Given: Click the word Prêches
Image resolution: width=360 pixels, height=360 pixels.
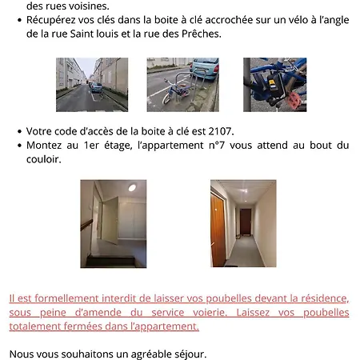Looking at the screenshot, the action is [x=199, y=35].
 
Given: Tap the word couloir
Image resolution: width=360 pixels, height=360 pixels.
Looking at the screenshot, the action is [x=43, y=158].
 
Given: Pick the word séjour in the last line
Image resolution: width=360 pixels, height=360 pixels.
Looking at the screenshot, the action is [x=189, y=353].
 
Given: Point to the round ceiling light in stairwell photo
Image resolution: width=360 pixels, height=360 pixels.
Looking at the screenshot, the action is [x=132, y=187].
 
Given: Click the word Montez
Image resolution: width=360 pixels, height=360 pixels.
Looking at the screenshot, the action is [x=47, y=145].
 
